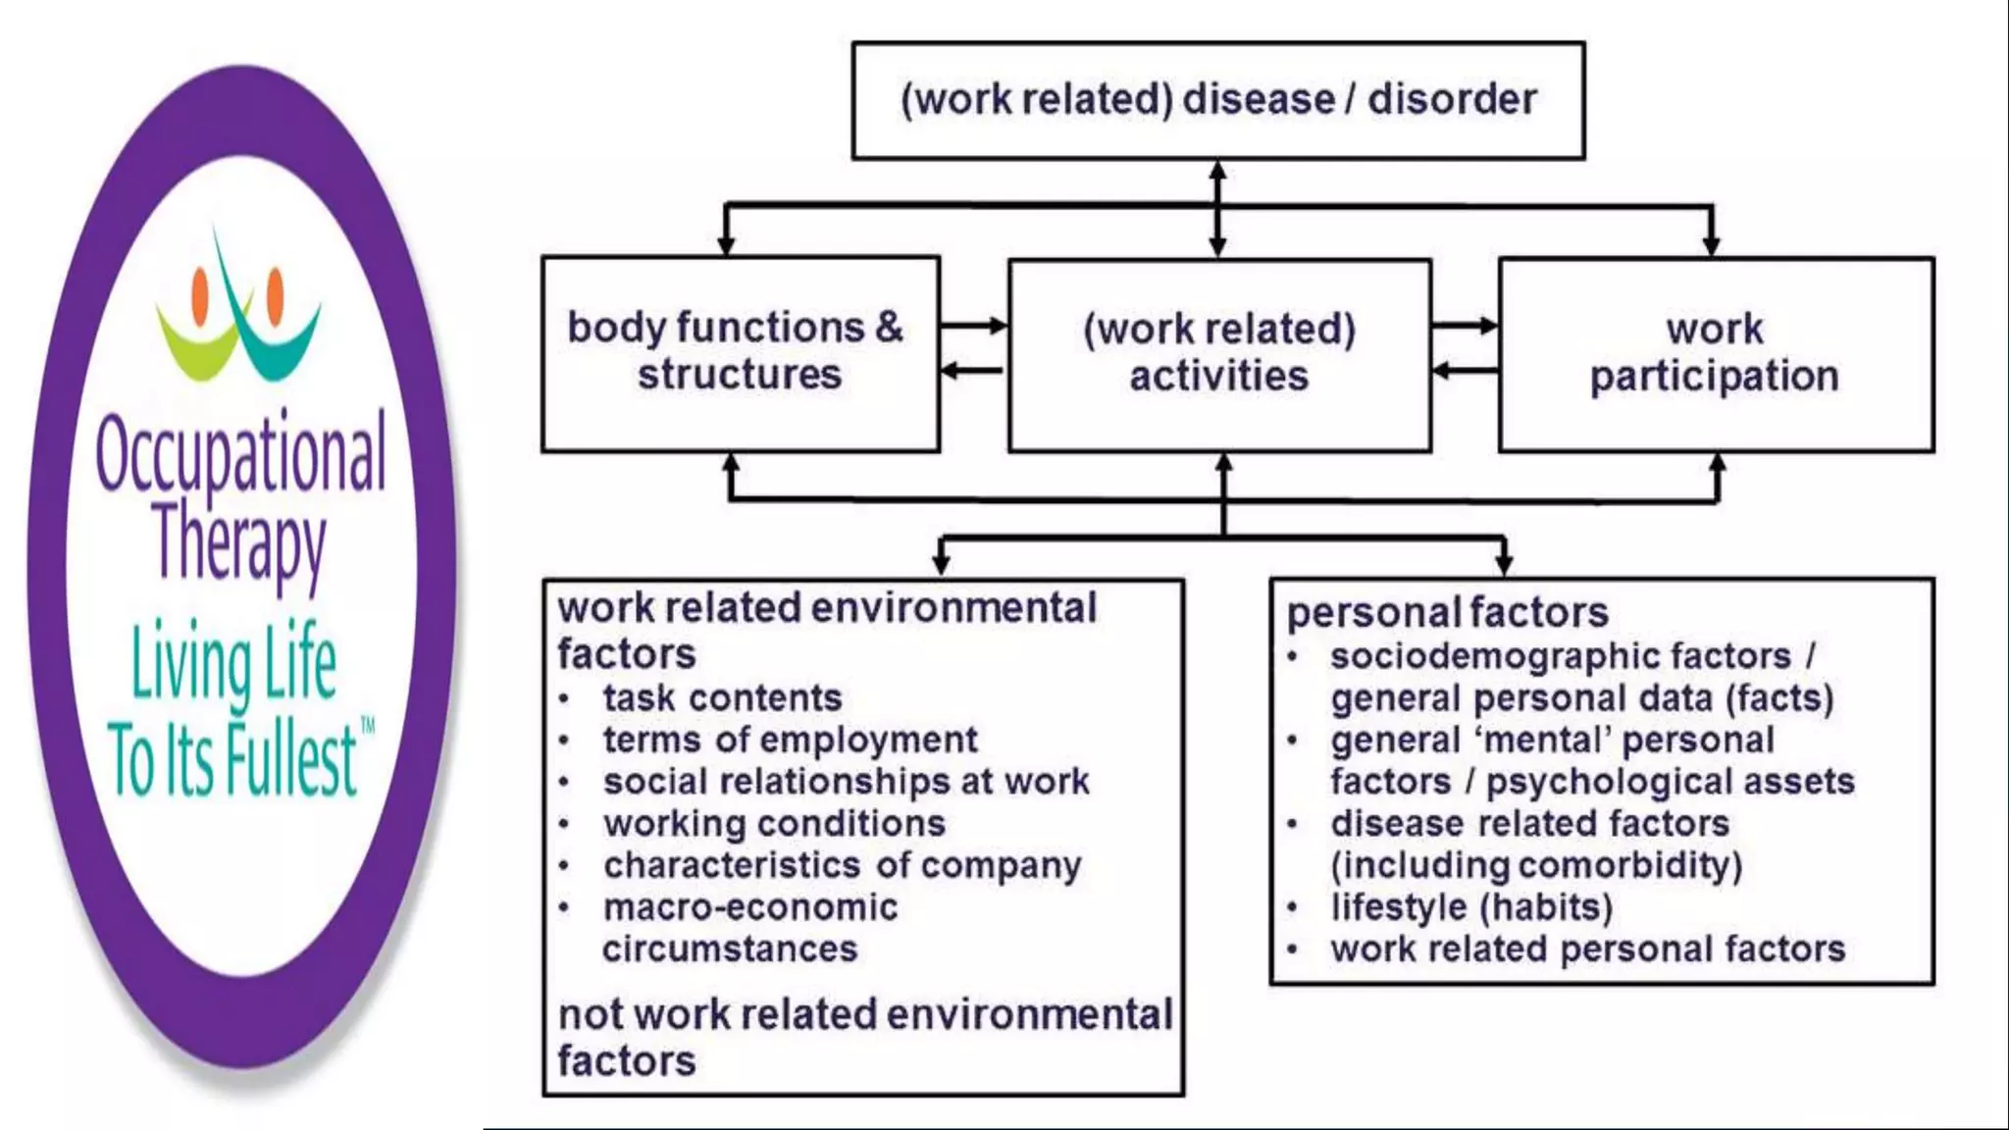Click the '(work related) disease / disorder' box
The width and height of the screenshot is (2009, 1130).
tap(1217, 100)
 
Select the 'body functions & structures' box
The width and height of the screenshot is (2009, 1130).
tap(740, 352)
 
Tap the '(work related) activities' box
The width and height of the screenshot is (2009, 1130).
tap(1218, 353)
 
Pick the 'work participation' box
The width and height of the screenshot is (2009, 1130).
tap(1715, 353)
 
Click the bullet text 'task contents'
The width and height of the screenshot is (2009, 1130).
tap(722, 698)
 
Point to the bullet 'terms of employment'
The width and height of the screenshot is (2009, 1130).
tap(790, 740)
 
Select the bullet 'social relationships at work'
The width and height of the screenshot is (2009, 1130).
tap(846, 782)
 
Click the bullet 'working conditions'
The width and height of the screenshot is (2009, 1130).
tap(774, 824)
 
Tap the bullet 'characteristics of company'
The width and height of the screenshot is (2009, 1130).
tap(842, 866)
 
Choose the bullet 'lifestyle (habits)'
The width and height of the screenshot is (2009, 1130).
tap(1471, 908)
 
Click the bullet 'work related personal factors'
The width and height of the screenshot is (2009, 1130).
tap(1587, 950)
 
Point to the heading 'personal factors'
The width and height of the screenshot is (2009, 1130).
tap(1447, 613)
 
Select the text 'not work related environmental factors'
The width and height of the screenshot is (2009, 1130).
tap(863, 1038)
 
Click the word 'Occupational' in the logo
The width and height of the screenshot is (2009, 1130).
tap(241, 454)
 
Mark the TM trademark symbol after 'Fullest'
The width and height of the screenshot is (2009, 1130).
tap(368, 727)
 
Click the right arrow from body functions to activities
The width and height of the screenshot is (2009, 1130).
tap(973, 326)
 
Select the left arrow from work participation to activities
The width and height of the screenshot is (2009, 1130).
tap(1466, 371)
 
